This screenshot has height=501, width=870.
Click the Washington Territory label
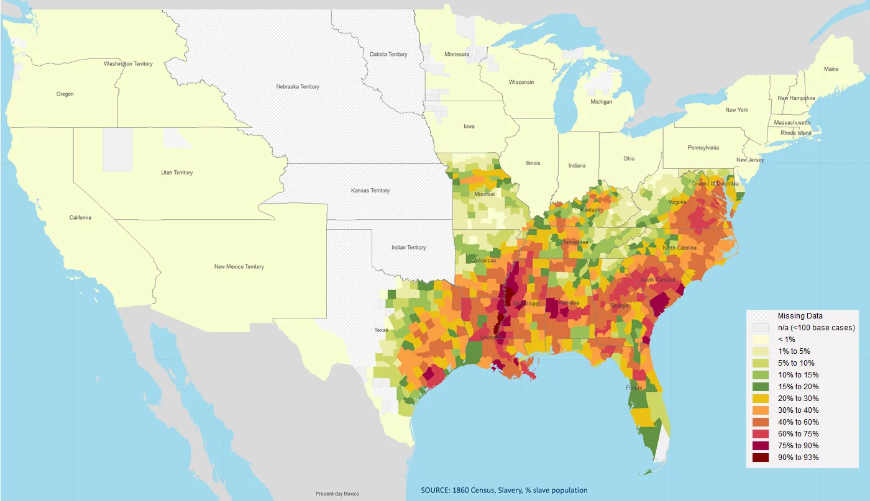[128, 64]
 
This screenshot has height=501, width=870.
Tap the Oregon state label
[65, 94]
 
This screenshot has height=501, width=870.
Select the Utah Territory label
[177, 173]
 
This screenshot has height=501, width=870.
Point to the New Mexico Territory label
[239, 267]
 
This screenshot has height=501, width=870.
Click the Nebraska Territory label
[298, 87]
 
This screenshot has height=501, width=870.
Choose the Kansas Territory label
[370, 191]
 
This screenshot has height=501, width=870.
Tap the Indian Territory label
[409, 248]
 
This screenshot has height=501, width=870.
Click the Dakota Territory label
[388, 55]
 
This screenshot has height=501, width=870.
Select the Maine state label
[831, 70]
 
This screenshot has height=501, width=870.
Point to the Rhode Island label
[797, 133]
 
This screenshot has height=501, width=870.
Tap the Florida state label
[634, 388]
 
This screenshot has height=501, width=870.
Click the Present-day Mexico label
[337, 494]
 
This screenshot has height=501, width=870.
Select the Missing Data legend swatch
[761, 316]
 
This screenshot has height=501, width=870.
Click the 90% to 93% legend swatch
[761, 458]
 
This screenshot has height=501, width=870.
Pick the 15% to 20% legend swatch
[761, 387]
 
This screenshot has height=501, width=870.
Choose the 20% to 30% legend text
[798, 399]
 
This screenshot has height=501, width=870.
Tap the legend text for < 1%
[786, 340]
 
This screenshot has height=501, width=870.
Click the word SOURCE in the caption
[435, 490]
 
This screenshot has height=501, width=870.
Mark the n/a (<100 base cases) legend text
[816, 328]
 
